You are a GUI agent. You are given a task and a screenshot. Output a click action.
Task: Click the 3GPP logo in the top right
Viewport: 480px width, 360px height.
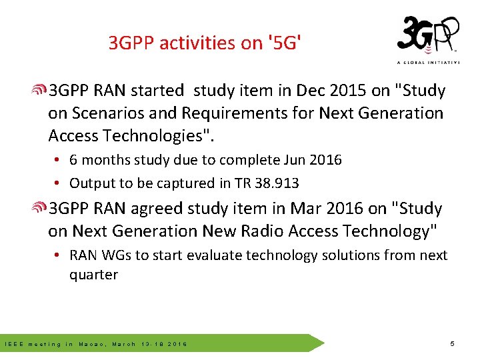point(428,37)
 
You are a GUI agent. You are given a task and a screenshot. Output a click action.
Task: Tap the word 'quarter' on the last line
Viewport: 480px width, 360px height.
point(93,275)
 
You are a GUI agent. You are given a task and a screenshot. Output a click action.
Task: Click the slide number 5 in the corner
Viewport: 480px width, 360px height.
point(452,344)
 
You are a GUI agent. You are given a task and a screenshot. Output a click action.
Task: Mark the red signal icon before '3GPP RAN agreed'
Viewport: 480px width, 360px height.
point(40,209)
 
